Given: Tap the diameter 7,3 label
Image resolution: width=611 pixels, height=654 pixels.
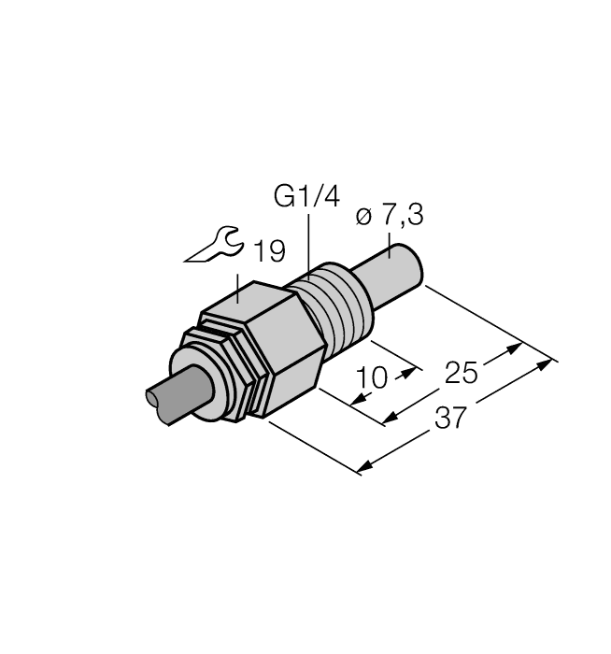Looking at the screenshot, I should click(390, 217).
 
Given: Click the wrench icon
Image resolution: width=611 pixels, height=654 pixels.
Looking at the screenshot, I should click(214, 248).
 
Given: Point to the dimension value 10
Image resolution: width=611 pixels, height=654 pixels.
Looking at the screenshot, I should click(372, 378).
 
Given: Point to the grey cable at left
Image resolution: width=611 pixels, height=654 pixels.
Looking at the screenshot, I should click(173, 400).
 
